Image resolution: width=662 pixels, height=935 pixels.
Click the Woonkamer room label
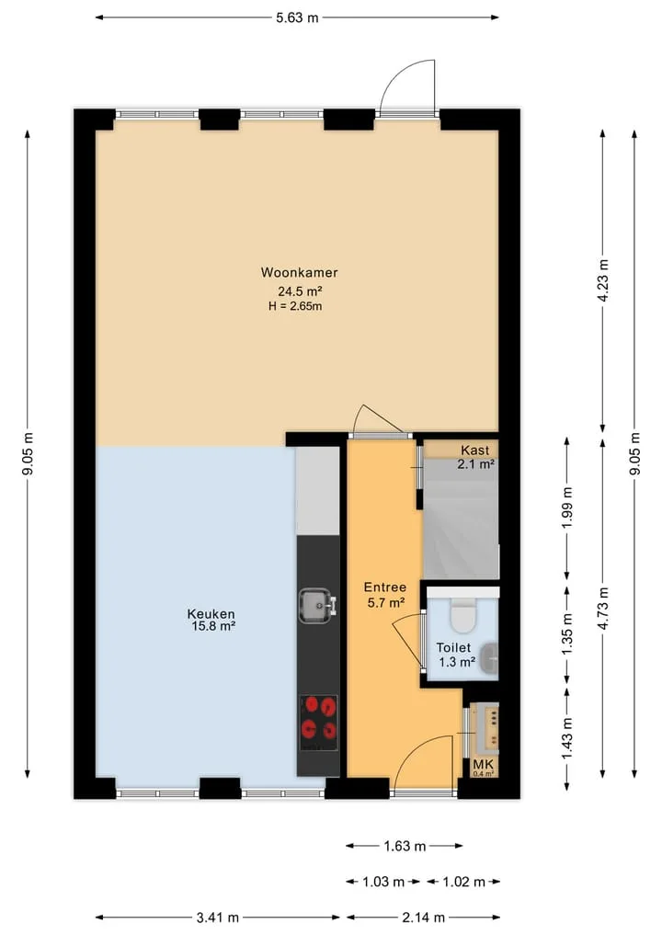tap(300, 272)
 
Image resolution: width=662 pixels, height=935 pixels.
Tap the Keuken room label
tap(211, 613)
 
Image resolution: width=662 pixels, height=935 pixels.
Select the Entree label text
tap(385, 587)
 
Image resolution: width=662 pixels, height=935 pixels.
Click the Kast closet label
tap(474, 450)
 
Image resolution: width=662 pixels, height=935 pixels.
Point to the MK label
tap(483, 765)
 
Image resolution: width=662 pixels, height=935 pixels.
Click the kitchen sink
tap(317, 606)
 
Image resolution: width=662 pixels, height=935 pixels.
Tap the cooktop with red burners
tap(318, 723)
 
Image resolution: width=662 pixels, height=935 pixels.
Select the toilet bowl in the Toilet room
tap(462, 615)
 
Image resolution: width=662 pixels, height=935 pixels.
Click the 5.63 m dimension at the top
tap(297, 17)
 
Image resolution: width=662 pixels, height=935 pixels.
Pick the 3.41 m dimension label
tap(217, 918)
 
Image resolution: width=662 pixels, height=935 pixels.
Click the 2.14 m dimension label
tap(423, 918)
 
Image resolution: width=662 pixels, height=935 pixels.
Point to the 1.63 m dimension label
tap(405, 846)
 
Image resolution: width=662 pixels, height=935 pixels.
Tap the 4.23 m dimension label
tap(603, 280)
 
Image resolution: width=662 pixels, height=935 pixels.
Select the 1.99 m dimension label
tap(566, 508)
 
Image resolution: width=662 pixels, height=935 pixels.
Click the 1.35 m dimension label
tap(566, 633)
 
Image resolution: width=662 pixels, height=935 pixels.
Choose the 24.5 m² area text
tap(300, 291)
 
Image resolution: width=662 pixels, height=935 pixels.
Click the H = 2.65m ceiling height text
tap(295, 306)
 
